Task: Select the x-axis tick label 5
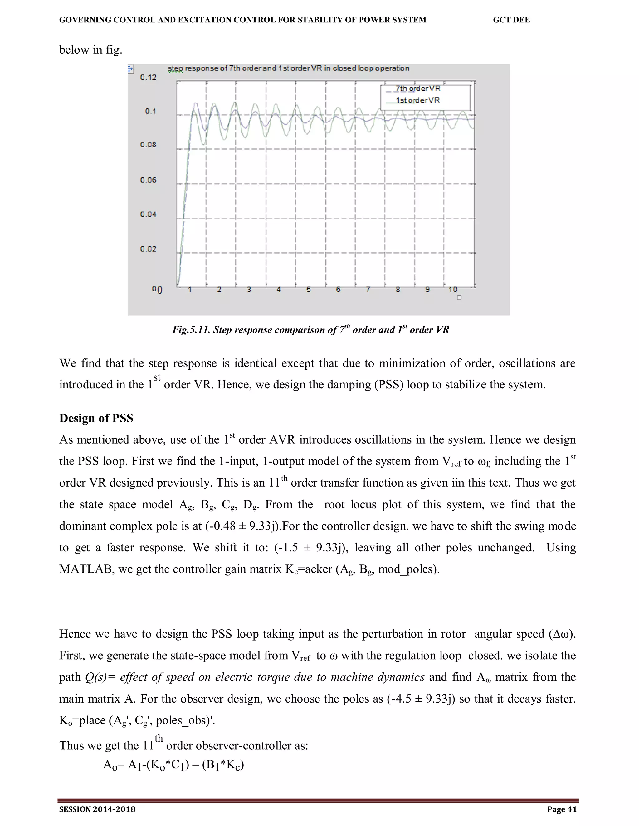(x=309, y=290)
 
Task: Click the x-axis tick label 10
(x=453, y=290)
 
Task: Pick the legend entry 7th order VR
(x=418, y=89)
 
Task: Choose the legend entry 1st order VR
(x=417, y=100)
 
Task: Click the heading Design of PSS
(x=96, y=418)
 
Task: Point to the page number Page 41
(x=562, y=809)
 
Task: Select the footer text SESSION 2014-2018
(x=97, y=809)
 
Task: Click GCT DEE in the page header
(x=511, y=20)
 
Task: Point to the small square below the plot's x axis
(x=459, y=298)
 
